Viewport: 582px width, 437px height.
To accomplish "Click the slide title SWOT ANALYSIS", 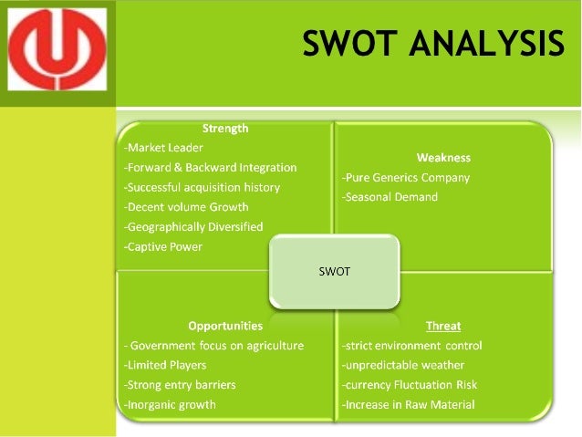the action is pos(433,43).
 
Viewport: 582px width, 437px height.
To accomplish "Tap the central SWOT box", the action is pos(334,271).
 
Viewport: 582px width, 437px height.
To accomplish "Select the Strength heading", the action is pos(224,129).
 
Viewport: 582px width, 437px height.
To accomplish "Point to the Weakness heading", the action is pos(443,158).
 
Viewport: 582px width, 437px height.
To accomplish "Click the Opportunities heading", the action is pos(225,326).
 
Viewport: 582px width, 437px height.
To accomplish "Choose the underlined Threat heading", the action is pos(443,326).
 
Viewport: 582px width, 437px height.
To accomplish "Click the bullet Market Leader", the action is pos(163,148).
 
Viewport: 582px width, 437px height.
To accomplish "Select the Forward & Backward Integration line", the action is pos(210,168).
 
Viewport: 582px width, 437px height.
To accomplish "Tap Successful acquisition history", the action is pos(202,187).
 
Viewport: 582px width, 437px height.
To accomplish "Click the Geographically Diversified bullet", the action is pos(193,226).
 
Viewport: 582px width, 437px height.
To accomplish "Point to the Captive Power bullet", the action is pos(163,246).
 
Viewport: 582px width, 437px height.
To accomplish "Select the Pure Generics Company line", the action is pos(406,178).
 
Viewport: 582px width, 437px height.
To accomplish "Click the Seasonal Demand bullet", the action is pos(390,197).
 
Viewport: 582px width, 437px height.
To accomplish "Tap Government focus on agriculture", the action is pos(214,346).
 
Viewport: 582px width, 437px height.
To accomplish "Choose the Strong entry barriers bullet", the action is pos(180,385).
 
